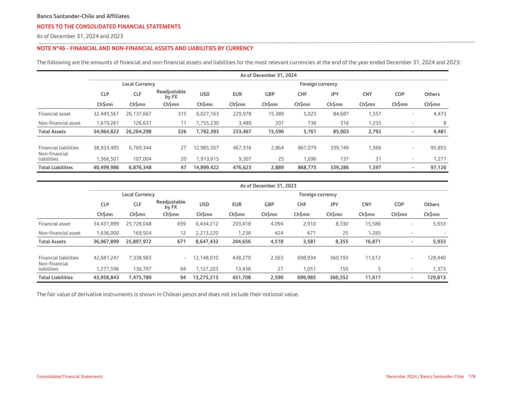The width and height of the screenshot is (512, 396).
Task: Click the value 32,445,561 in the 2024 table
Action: click(106, 114)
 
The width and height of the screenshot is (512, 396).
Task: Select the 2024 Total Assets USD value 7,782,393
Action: click(206, 132)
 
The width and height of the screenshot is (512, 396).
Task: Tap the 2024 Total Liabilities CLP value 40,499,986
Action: click(106, 168)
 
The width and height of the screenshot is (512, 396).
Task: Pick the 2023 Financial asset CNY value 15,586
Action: click(373, 224)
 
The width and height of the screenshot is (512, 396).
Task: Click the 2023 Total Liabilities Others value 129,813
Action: click(435, 278)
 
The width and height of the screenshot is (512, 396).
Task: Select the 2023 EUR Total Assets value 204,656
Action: click(240, 242)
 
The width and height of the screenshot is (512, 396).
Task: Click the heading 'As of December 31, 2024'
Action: click(268, 75)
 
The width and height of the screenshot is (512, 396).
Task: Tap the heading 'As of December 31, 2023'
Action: click(268, 186)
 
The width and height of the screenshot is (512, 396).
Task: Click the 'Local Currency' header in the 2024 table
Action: click(138, 84)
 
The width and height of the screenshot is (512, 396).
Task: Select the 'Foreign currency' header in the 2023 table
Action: click(318, 194)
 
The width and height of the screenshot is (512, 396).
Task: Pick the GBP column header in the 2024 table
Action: click(270, 94)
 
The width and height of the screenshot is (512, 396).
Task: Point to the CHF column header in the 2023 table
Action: click(302, 205)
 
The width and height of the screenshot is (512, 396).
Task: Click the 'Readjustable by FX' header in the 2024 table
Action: click(171, 94)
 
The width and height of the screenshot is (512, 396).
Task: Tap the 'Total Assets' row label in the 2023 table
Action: click(52, 242)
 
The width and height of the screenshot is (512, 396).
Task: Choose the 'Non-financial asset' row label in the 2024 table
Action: click(59, 123)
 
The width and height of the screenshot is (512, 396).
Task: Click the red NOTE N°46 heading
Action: click(145, 48)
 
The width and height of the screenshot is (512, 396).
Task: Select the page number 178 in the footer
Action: click(471, 376)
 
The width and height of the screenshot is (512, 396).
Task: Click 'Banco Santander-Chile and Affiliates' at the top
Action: click(83, 17)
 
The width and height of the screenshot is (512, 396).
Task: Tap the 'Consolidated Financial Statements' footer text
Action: click(70, 376)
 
